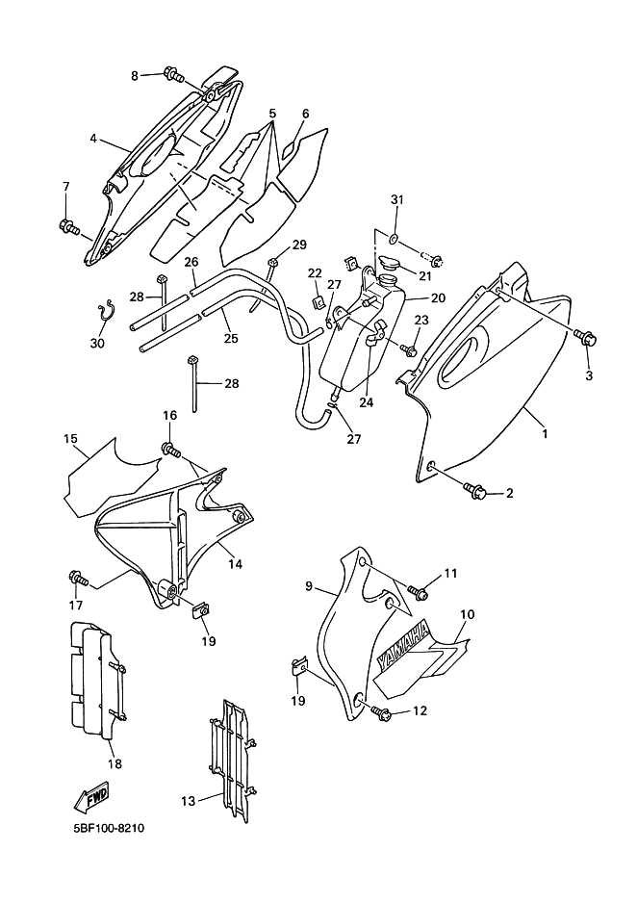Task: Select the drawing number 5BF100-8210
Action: tap(108, 829)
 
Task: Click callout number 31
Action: tap(397, 200)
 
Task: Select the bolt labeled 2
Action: tap(476, 491)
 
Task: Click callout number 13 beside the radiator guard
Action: tap(189, 801)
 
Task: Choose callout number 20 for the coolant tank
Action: tap(438, 297)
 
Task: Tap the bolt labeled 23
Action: tap(410, 348)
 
